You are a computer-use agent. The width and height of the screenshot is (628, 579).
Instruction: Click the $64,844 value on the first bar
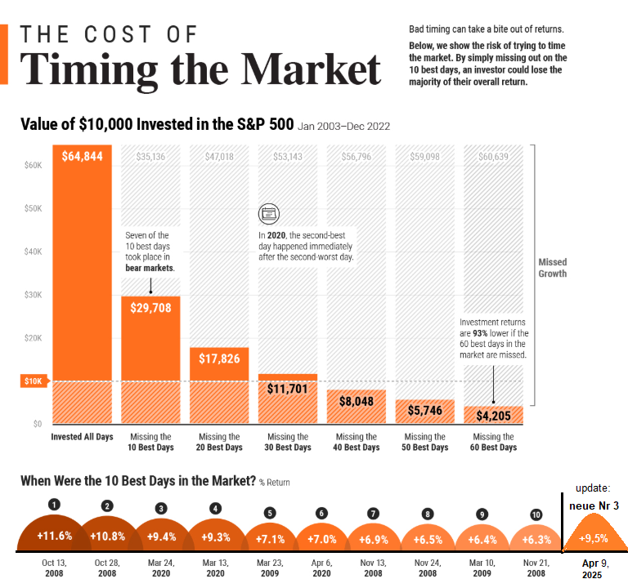82,156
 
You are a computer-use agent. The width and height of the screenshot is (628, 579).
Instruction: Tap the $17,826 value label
219,359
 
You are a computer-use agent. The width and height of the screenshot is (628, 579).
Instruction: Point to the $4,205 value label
494,414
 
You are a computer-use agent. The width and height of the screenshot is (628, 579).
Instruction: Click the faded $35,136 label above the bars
150,156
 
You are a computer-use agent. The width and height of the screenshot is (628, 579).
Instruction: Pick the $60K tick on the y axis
33,165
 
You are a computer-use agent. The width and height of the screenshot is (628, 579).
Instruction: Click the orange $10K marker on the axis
32,381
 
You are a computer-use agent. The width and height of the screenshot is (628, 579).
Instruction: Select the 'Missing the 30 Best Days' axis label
288,442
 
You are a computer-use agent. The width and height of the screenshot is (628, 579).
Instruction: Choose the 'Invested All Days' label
82,437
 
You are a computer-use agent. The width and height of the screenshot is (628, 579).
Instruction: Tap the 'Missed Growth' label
552,268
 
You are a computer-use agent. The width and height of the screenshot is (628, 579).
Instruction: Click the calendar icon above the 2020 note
268,214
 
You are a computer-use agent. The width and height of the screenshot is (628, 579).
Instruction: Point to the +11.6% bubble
54,536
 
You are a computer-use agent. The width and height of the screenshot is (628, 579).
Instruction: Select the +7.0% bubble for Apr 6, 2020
321,540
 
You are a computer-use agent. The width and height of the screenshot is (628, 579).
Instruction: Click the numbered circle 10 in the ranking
536,514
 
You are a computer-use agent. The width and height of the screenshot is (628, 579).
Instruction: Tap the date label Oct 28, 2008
107,568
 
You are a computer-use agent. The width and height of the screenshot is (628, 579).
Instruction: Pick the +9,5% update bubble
593,539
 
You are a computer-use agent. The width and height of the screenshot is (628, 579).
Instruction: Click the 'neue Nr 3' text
594,506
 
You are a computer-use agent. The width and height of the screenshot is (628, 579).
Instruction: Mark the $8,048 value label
357,401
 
